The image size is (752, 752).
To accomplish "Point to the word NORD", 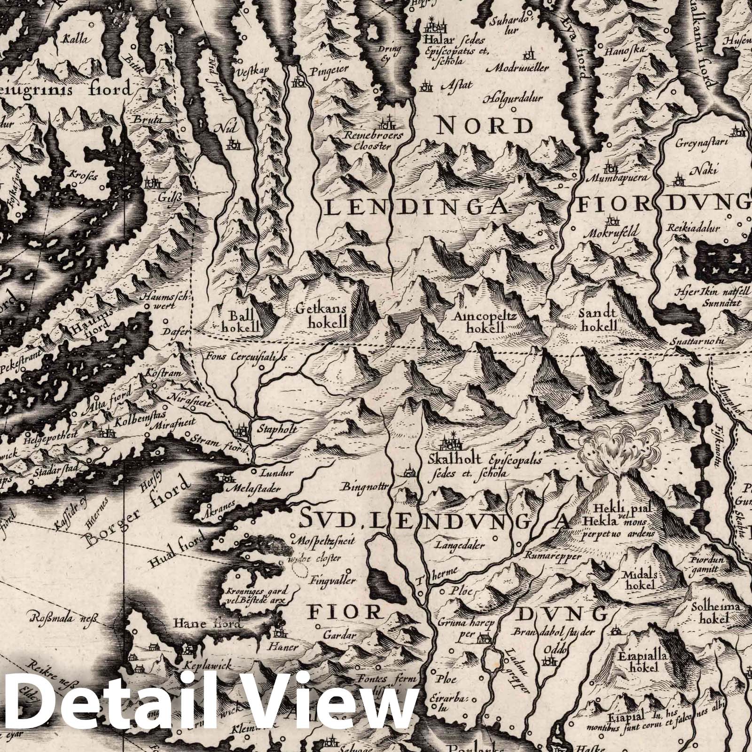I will click(x=485, y=126).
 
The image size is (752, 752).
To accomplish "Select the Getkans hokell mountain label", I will click(x=321, y=316).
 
